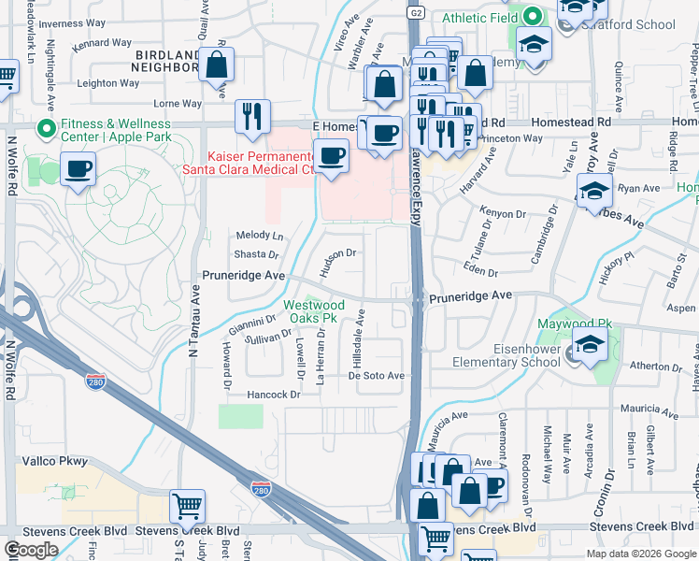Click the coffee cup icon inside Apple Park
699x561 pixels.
[x=78, y=170]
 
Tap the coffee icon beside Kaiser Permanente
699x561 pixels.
[x=331, y=155]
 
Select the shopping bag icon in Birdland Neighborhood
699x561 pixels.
[x=216, y=65]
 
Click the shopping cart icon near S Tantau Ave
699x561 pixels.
[x=187, y=506]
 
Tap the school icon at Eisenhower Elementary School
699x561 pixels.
[x=590, y=345]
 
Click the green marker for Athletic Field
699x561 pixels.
[x=532, y=16]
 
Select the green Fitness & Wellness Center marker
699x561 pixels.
[x=44, y=129]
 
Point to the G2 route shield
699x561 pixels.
[x=415, y=11]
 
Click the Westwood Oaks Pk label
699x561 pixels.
[x=315, y=311]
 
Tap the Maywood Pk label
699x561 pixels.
[x=574, y=324]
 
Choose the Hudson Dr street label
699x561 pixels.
[x=338, y=261]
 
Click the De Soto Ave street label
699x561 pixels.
[x=376, y=376]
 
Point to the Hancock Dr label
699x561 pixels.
[x=273, y=396]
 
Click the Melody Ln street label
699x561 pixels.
[x=259, y=237]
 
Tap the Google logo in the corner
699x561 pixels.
[x=31, y=549]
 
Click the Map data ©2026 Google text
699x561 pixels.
[x=640, y=554]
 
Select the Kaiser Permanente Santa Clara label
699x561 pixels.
[x=262, y=162]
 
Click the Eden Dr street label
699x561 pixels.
[x=480, y=271]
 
